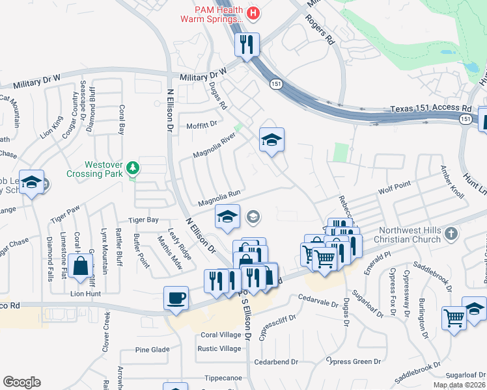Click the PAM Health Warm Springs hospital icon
point(254,12)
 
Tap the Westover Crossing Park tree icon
point(133,168)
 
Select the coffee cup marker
point(176,298)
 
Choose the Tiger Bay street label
point(143,220)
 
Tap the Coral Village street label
point(221,335)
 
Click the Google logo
point(21,382)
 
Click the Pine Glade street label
point(152,350)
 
